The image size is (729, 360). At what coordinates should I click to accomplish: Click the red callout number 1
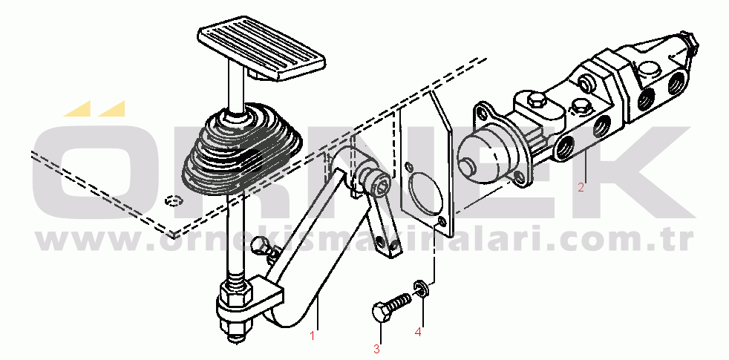coord(313,336)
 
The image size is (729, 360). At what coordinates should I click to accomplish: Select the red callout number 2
coord(581,188)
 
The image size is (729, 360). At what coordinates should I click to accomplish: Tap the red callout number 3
coord(376,348)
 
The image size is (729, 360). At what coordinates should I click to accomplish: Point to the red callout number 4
coord(419,333)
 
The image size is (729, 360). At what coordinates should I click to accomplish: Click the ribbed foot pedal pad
coord(262,48)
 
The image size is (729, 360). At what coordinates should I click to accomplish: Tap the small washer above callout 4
coord(421,289)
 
